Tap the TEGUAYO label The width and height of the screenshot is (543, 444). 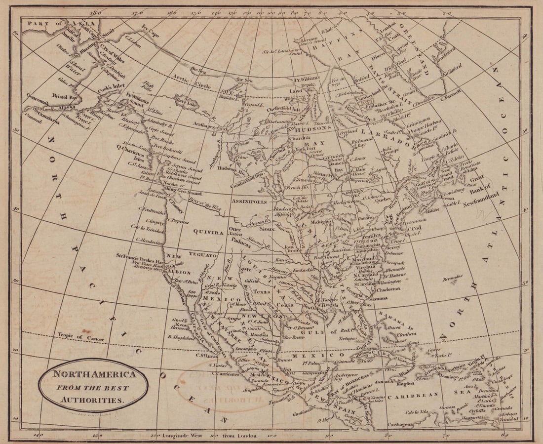pyautogui.click(x=201, y=255)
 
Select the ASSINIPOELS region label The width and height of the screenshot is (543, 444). pyautogui.click(x=251, y=202)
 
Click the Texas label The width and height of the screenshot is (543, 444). pyautogui.click(x=262, y=291)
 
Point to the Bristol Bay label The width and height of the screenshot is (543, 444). pyautogui.click(x=66, y=97)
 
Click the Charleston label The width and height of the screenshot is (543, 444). pyautogui.click(x=388, y=289)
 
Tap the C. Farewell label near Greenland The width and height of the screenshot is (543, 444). pyautogui.click(x=451, y=94)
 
